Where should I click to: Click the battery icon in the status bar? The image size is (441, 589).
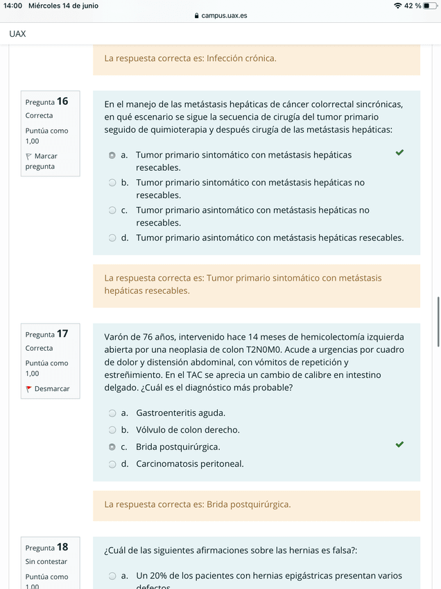430,6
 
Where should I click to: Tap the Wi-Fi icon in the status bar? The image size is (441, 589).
397,6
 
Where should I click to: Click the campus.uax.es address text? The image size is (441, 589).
224,15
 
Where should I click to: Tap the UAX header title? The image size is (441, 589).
18,33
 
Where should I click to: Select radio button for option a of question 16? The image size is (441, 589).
112,155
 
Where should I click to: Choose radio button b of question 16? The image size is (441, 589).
112,183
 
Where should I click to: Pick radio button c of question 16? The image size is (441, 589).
112,210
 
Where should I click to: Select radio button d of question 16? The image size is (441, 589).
112,238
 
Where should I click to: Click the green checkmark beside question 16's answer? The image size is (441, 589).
399,152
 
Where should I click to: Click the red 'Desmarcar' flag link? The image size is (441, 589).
48,389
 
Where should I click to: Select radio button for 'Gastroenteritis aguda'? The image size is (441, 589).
112,413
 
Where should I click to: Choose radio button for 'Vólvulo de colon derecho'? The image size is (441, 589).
112,430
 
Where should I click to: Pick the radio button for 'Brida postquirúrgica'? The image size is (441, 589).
112,447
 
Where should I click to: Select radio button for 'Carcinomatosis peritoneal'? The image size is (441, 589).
112,464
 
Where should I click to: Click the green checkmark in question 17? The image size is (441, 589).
399,445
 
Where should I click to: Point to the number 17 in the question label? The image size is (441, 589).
62,334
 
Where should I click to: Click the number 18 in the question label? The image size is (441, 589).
62,547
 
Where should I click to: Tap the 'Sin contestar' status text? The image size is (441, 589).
46,562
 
